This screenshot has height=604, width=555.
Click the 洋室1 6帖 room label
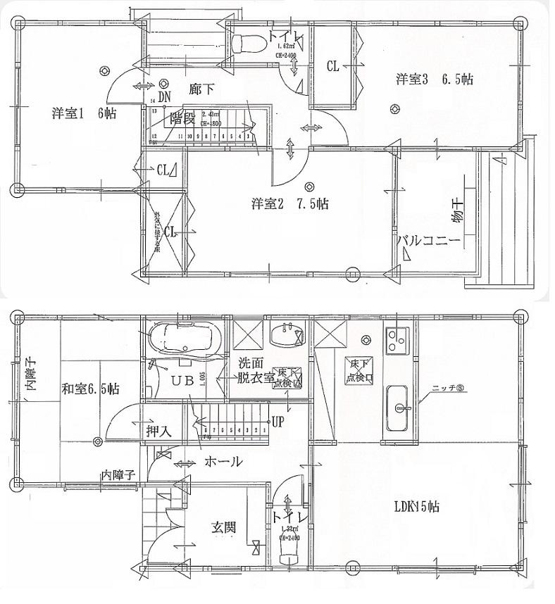(x=84, y=113)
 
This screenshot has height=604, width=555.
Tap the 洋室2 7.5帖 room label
(x=289, y=204)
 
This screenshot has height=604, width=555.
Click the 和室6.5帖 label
(x=89, y=388)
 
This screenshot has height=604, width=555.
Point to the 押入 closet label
(x=159, y=430)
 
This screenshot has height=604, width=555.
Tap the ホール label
(x=224, y=462)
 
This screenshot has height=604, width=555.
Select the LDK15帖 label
(x=416, y=505)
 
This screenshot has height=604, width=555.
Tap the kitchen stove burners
(x=397, y=341)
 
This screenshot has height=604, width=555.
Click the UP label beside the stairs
(x=277, y=423)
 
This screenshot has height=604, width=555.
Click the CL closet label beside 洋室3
(x=332, y=66)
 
